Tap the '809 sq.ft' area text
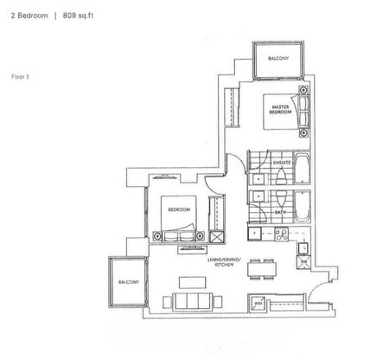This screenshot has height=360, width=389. tap(75, 13)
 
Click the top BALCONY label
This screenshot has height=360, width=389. tap(277, 57)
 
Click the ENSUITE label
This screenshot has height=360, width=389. tap(280, 162)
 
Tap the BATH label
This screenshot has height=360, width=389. tap(280, 211)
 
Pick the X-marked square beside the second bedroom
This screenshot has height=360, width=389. tap(217, 235)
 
